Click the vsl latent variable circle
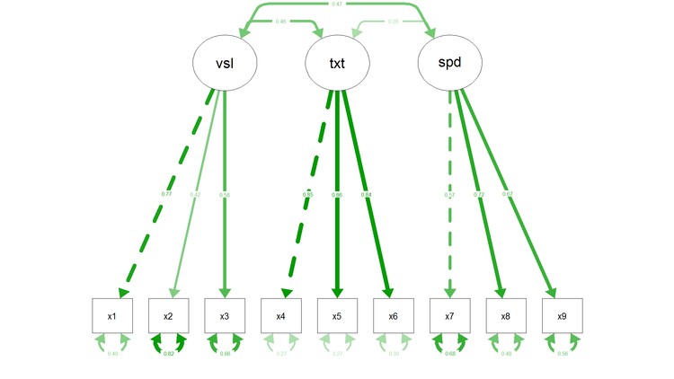pyautogui.click(x=225, y=62)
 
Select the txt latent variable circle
pyautogui.click(x=336, y=62)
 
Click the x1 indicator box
pyautogui.click(x=112, y=316)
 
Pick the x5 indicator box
pyautogui.click(x=337, y=316)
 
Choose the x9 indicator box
pyautogui.click(x=562, y=316)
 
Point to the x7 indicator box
pyautogui.click(x=449, y=316)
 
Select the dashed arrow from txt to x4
pyautogui.click(x=308, y=198)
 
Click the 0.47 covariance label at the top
pyautogui.click(x=336, y=4)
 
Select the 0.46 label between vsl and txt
pyautogui.click(x=280, y=21)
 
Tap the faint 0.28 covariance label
pyautogui.click(x=394, y=21)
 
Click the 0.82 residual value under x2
pyautogui.click(x=168, y=355)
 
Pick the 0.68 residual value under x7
pyautogui.click(x=449, y=355)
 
